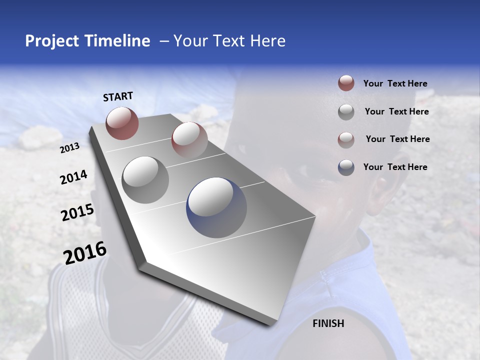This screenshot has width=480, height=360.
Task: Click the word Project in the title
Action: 51,41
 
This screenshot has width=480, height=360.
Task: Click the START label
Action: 118,96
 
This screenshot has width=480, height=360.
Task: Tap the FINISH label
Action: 328,323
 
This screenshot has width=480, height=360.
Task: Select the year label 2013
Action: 69,148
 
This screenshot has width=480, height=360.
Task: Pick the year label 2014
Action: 73,177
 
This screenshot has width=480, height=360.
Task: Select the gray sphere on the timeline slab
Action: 145,179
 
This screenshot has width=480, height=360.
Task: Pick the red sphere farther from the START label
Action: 189,140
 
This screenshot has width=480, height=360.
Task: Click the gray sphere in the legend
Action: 346,112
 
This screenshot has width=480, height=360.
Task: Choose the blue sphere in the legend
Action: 346,167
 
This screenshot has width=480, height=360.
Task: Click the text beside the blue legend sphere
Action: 395,167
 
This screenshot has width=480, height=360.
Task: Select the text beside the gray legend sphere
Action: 396,111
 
